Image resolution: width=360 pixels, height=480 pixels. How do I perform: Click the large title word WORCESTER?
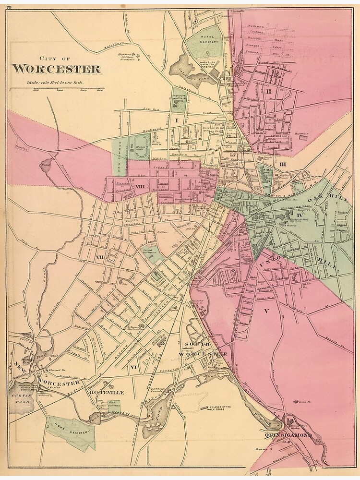pyautogui.click(x=56, y=69)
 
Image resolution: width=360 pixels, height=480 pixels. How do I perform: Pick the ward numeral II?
pyautogui.click(x=269, y=91)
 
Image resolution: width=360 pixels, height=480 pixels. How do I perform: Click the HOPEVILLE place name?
pyautogui.click(x=107, y=392)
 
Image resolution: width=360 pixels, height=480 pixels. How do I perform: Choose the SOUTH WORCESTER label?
pyautogui.click(x=202, y=349)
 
